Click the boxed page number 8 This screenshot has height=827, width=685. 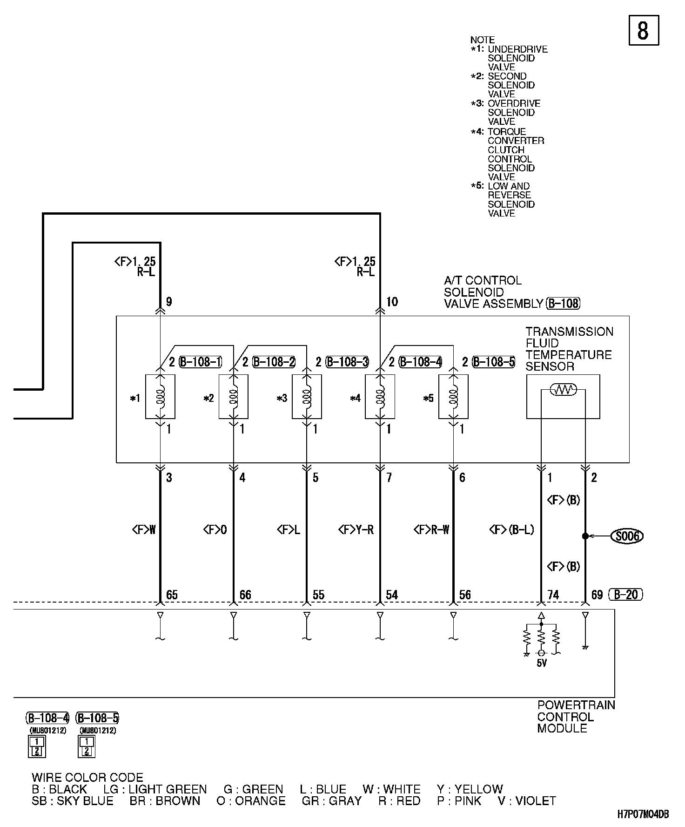(x=644, y=30)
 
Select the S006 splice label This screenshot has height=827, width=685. (x=627, y=536)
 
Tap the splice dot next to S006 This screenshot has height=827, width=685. (x=585, y=536)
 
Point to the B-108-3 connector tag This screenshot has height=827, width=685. (x=347, y=362)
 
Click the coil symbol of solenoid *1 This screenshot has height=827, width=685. (x=160, y=396)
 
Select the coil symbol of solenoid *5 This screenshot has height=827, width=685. (x=453, y=396)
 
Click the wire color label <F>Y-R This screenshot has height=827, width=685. (x=356, y=530)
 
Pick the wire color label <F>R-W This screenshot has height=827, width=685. (x=431, y=530)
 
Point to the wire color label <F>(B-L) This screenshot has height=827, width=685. (x=512, y=530)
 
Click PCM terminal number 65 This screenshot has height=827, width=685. (x=172, y=595)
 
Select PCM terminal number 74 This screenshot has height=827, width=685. (x=553, y=595)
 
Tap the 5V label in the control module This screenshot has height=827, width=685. (x=542, y=663)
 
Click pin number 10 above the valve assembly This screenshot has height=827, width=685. (x=392, y=302)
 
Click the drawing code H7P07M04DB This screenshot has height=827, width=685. (x=643, y=814)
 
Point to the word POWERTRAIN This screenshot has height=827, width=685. (x=576, y=705)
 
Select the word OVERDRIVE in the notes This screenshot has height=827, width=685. (x=514, y=103)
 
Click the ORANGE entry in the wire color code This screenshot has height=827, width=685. (x=251, y=801)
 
